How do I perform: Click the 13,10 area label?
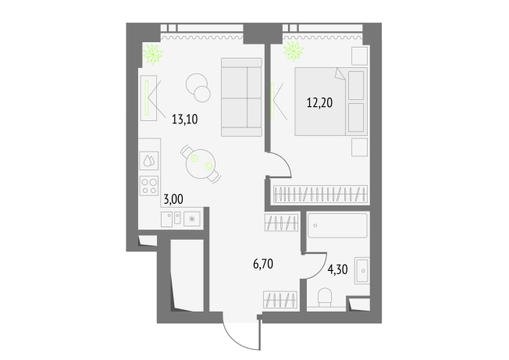pos(185,119)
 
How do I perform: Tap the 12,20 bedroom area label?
pos(320,103)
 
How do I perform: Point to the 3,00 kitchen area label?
pos(173,199)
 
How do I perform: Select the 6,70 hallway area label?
pos(263,264)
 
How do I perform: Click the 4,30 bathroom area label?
pos(337,269)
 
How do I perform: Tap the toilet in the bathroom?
pos(325,297)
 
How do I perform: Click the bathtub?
pos(337,225)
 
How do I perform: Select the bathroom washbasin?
pos(362,270)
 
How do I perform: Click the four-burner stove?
pos(149,186)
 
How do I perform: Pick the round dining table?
pos(201,164)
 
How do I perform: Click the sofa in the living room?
pos(241,97)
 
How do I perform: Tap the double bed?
pos(331,102)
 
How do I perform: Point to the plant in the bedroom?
pos(294,51)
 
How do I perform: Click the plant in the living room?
pos(153,54)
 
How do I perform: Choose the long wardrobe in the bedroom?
pos(320,194)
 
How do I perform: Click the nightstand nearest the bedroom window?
pos(360,55)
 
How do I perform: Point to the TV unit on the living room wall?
pos(148,98)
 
